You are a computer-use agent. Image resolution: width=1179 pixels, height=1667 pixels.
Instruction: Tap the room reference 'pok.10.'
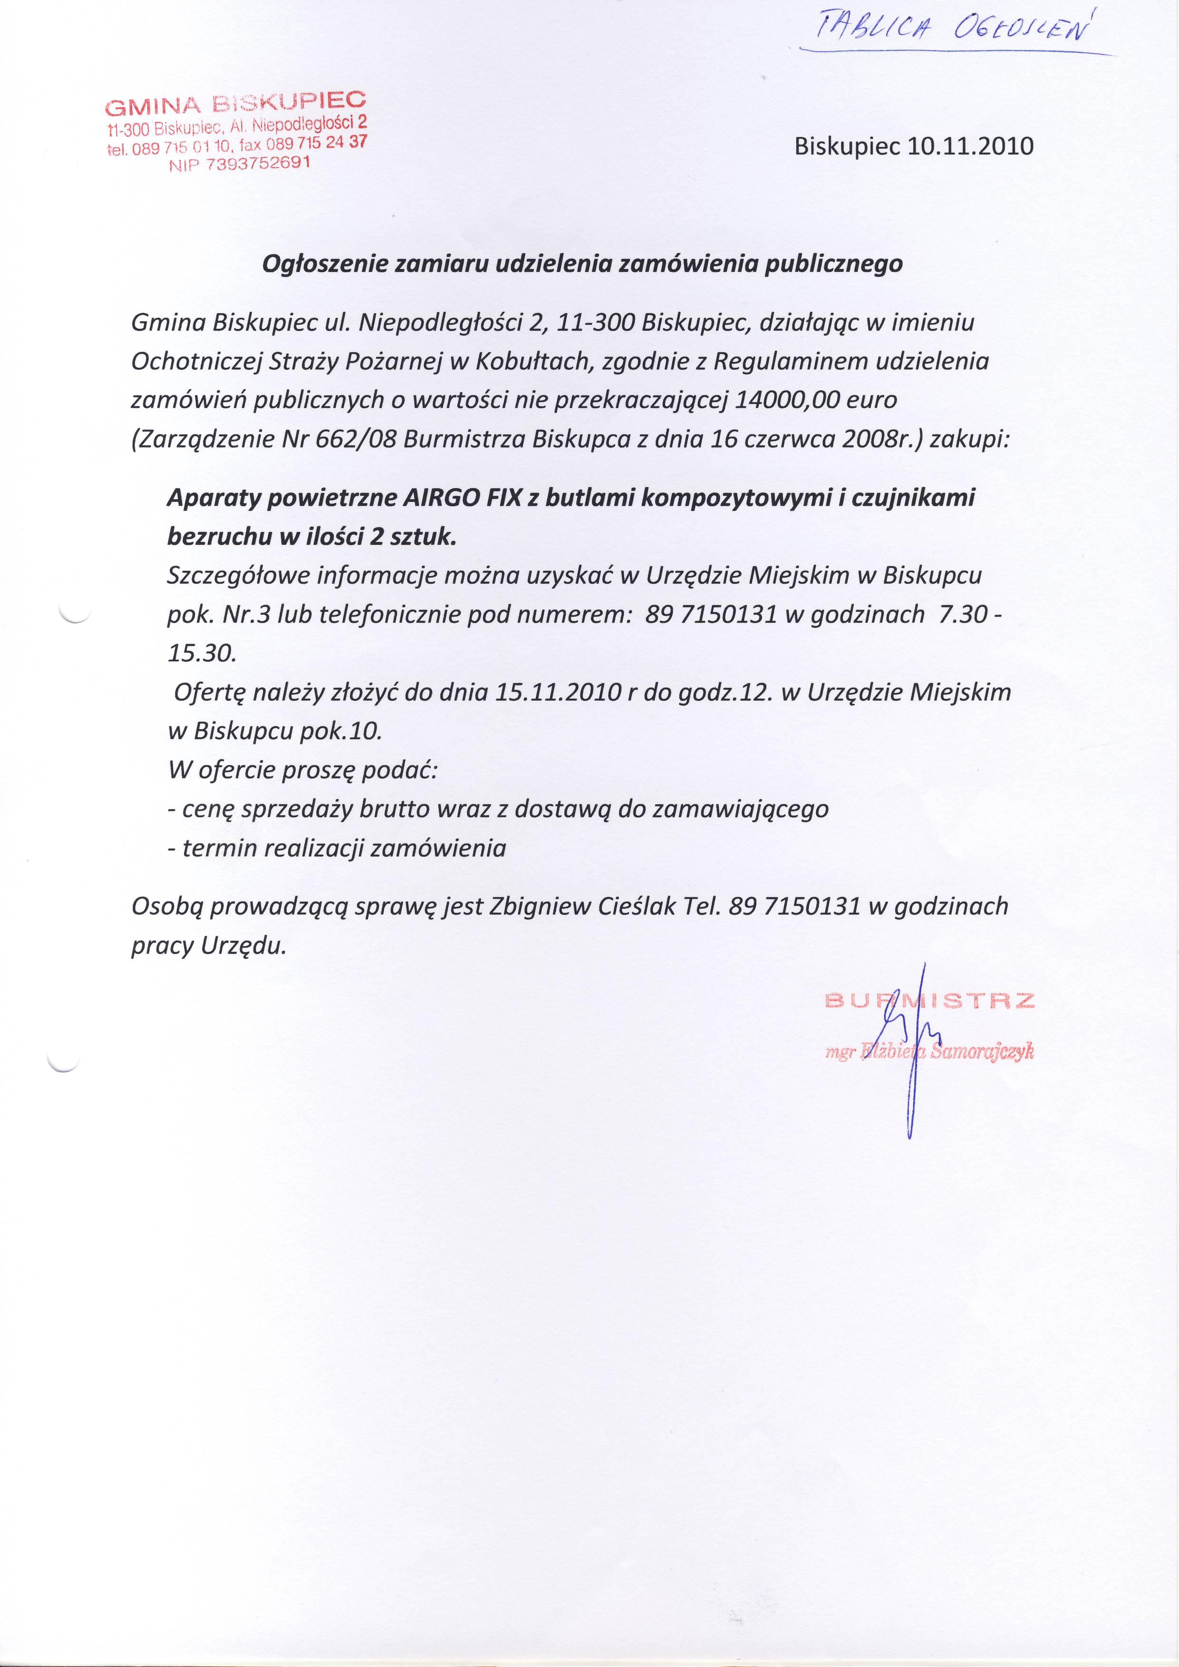coord(340,731)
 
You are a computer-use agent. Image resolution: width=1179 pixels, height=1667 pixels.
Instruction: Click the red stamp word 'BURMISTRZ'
coord(930,1001)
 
